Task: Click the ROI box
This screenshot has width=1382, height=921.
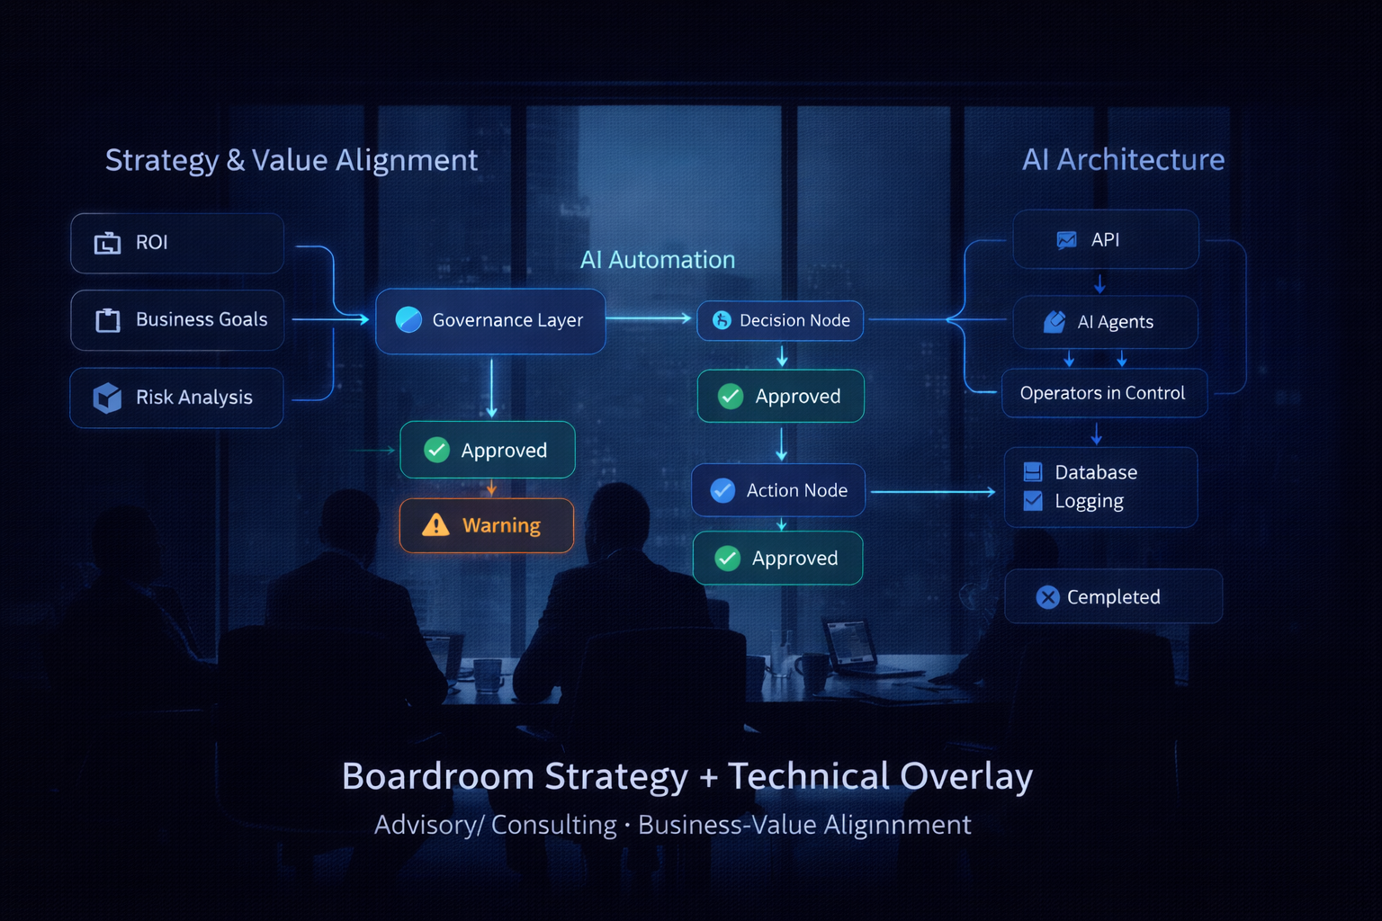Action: click(x=177, y=243)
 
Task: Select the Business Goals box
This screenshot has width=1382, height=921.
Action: click(x=177, y=320)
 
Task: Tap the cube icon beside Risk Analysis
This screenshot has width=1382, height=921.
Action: click(x=107, y=398)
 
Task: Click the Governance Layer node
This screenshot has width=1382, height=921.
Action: click(x=490, y=320)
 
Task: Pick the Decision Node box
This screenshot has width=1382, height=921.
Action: click(x=780, y=321)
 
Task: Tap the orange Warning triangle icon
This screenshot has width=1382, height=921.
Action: click(x=435, y=525)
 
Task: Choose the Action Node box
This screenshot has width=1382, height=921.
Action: click(x=778, y=490)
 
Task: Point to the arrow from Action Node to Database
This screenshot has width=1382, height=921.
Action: click(x=933, y=492)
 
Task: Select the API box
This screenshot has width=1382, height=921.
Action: click(x=1106, y=240)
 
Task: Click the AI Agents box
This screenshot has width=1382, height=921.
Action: click(x=1106, y=322)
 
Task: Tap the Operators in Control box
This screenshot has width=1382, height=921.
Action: click(x=1104, y=393)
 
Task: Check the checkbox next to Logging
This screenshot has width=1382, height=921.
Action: click(x=1033, y=501)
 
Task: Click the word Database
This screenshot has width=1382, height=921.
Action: click(x=1096, y=472)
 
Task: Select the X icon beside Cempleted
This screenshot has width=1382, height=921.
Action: click(x=1047, y=597)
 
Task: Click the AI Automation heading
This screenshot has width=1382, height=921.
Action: click(x=658, y=260)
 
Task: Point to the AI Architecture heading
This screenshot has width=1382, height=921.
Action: click(x=1123, y=160)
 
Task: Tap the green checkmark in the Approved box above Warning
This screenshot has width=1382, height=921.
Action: click(x=436, y=450)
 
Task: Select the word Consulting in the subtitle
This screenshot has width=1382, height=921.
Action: click(x=553, y=825)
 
